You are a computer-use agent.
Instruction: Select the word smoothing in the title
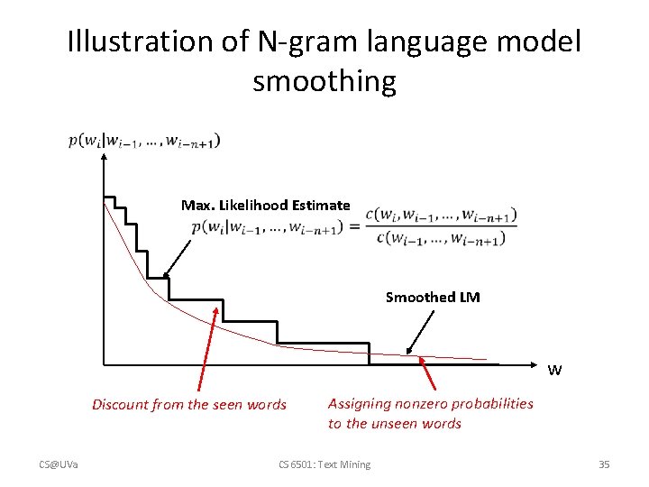(x=324, y=82)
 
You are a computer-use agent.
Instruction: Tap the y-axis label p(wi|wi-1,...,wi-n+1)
(x=144, y=141)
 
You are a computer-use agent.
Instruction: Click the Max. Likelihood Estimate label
(x=265, y=206)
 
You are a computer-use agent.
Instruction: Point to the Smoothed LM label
(x=433, y=298)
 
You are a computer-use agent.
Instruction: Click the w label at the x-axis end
(x=554, y=370)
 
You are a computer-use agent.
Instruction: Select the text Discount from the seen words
(x=189, y=405)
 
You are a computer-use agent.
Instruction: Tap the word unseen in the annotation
(x=396, y=424)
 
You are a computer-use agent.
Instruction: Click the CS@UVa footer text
(x=59, y=464)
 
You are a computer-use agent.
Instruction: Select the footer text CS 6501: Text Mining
(x=324, y=464)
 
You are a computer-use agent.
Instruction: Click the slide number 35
(x=604, y=464)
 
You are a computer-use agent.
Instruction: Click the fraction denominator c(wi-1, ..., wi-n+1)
(x=439, y=238)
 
